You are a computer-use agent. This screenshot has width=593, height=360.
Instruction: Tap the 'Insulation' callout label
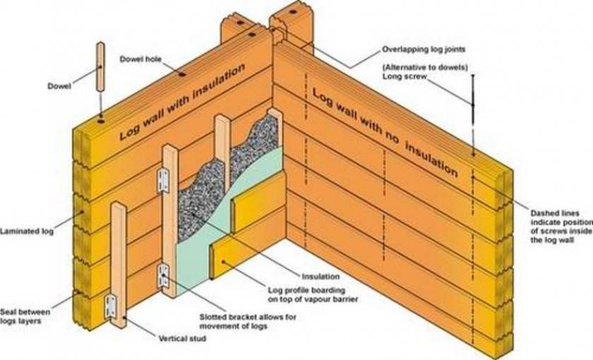point(321,277)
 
